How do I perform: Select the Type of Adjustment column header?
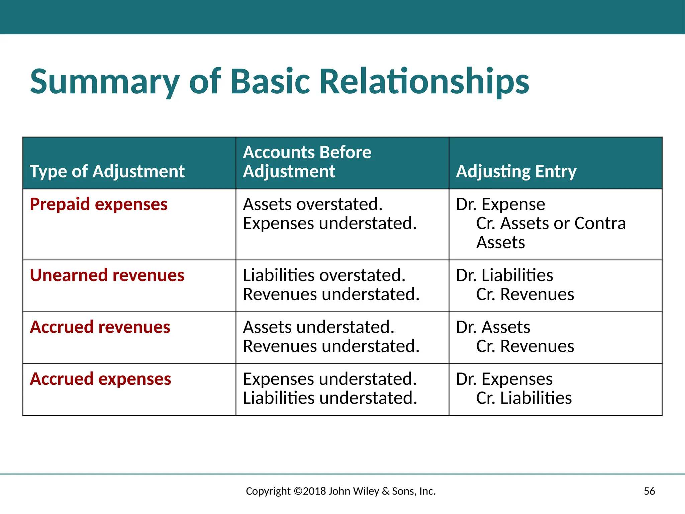click(x=107, y=171)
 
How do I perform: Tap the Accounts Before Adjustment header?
click(x=307, y=162)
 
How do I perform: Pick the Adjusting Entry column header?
click(x=516, y=171)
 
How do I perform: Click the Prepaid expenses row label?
click(x=99, y=204)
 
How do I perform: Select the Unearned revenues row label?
click(x=107, y=275)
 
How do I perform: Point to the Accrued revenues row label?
click(x=100, y=327)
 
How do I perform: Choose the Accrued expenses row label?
click(x=100, y=379)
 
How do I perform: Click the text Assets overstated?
click(x=313, y=204)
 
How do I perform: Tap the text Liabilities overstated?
click(x=324, y=275)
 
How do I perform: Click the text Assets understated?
click(x=318, y=327)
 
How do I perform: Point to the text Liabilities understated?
click(x=330, y=398)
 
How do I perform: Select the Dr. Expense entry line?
click(x=500, y=204)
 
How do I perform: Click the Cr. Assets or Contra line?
click(x=551, y=223)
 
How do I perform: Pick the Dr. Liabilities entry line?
click(x=504, y=275)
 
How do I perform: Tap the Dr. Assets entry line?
click(x=493, y=327)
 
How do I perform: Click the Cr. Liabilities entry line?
click(x=524, y=398)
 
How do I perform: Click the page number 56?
click(x=649, y=491)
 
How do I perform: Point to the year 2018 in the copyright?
click(x=314, y=491)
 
